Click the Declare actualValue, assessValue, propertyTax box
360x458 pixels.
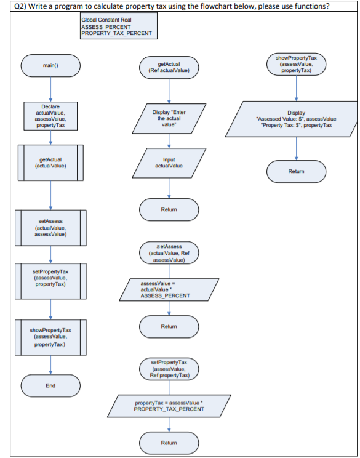50,116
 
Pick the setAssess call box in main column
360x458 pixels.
50,227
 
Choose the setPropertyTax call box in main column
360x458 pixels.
50,279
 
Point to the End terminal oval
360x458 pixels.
50,385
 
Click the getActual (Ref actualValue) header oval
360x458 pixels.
169,67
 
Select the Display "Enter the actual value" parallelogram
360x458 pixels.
169,116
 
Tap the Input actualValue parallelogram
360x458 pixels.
169,163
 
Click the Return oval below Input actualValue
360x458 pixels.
169,209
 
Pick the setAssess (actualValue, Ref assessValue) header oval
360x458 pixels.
169,252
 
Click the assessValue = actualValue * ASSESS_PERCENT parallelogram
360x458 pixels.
169,289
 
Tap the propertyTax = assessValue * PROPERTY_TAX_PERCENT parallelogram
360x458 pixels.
169,406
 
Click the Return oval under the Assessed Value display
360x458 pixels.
296,171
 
